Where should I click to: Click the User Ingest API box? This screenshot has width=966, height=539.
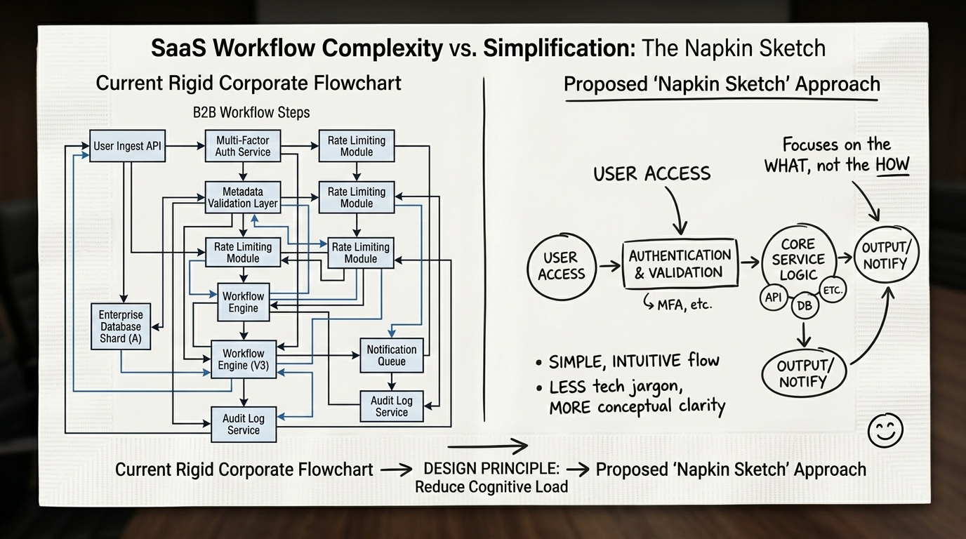tap(127, 147)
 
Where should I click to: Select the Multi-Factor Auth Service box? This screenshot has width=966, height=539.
tap(243, 146)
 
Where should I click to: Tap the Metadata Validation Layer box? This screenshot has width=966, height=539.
tap(243, 197)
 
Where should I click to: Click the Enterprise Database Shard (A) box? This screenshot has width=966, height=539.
tap(120, 326)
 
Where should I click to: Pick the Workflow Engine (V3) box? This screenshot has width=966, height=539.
tap(243, 359)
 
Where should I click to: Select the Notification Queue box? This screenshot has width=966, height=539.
tap(392, 354)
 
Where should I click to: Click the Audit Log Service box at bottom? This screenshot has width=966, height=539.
tap(243, 424)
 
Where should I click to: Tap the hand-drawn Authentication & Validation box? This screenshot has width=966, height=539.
tap(679, 264)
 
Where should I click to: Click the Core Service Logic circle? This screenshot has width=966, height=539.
tap(798, 258)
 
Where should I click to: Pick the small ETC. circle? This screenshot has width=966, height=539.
tap(833, 290)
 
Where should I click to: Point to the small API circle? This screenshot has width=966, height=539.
tap(773, 298)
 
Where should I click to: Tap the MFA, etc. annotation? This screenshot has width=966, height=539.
tap(677, 305)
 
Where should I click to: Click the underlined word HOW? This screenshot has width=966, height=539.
tap(892, 166)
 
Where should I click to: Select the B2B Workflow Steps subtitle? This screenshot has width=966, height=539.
tap(251, 112)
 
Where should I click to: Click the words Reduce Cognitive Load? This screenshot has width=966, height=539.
tap(491, 486)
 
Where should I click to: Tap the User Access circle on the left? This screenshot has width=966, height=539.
tap(561, 266)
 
